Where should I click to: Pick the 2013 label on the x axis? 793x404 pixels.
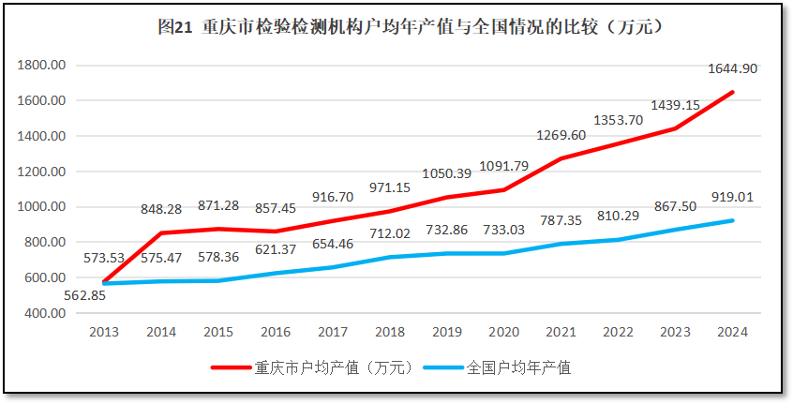[104, 331]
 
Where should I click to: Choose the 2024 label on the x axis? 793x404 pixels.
[733, 331]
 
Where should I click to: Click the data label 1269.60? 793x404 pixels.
[561, 135]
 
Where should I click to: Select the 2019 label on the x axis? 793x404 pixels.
[447, 331]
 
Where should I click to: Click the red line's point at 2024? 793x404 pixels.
[733, 92]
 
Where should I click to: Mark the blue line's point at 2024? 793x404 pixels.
[733, 220]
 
